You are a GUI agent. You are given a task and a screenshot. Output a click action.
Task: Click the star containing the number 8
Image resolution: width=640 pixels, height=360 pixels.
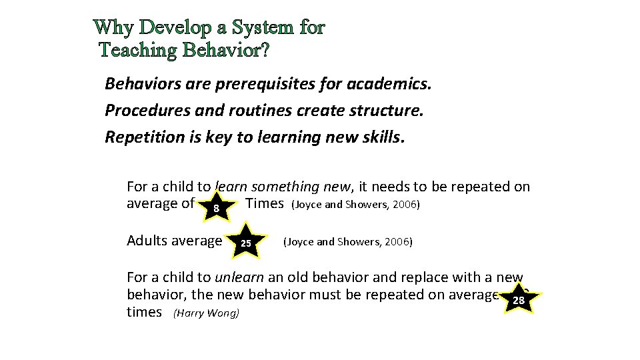[x=216, y=209]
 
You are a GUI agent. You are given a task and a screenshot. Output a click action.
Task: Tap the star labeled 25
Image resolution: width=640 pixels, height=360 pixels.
[x=246, y=243]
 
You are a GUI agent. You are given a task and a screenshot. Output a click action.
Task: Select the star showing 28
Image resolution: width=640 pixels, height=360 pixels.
[x=518, y=301]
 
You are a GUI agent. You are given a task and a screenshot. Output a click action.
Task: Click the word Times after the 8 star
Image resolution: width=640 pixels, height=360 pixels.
[x=265, y=203]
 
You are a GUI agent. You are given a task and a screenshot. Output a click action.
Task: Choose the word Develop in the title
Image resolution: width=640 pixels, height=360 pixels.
[x=175, y=27]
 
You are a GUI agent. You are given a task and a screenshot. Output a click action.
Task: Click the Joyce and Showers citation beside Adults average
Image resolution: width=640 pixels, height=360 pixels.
[x=347, y=241]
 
